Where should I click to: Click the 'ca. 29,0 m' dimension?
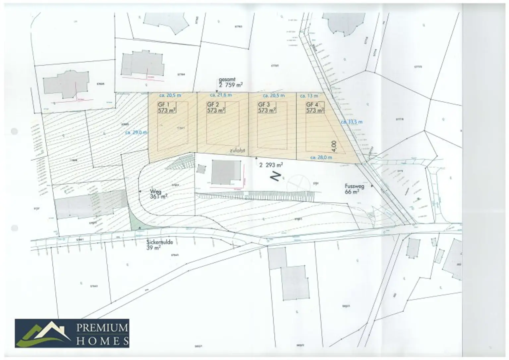click(x=136, y=132)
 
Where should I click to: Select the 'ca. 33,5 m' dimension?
click(x=352, y=122)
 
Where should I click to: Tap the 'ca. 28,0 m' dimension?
click(x=321, y=158)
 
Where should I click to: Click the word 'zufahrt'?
click(x=237, y=151)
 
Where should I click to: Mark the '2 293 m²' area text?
click(x=271, y=165)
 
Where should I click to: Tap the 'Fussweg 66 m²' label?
click(x=354, y=189)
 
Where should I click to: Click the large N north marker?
click(x=276, y=177)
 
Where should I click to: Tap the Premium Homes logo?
click(x=72, y=333)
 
